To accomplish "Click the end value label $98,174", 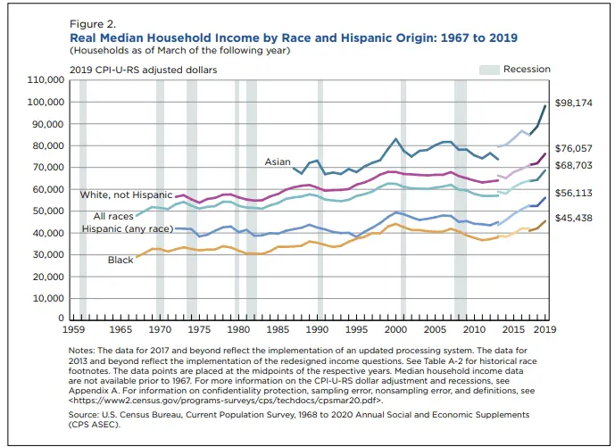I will pyautogui.click(x=574, y=103).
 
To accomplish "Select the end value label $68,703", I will pyautogui.click(x=574, y=166).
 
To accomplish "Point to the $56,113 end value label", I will pyautogui.click(x=574, y=192).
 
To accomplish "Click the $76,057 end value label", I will pyautogui.click(x=574, y=149).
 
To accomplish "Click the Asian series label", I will pyautogui.click(x=277, y=162).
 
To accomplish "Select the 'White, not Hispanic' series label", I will pyautogui.click(x=126, y=195).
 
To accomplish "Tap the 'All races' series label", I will pyautogui.click(x=113, y=216).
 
